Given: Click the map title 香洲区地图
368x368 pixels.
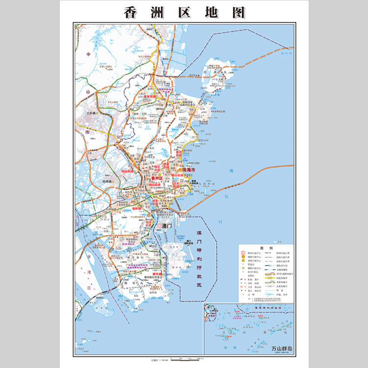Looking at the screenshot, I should tap(184, 12).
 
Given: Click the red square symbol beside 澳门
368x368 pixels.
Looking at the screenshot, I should tap(159, 225).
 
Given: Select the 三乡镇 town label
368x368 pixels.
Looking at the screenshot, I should tap(91, 113).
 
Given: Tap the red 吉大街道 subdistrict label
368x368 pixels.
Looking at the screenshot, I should tap(182, 185).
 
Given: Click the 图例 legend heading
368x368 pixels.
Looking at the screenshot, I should tap(265, 248).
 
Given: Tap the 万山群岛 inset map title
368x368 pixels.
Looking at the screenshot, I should tap(281, 349).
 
